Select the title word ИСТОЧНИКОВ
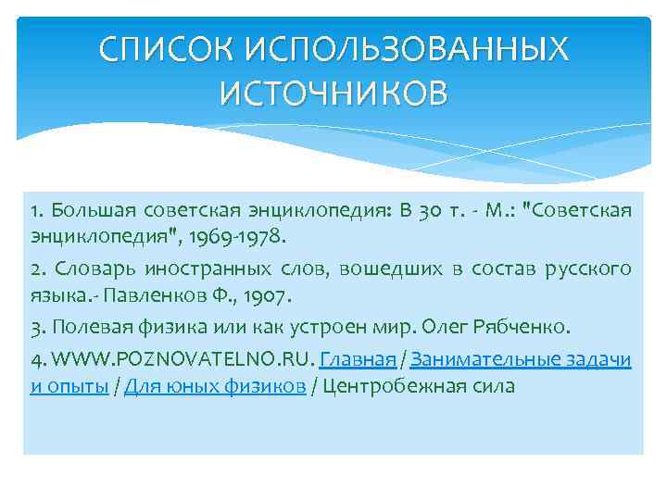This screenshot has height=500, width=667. click(333, 93)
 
